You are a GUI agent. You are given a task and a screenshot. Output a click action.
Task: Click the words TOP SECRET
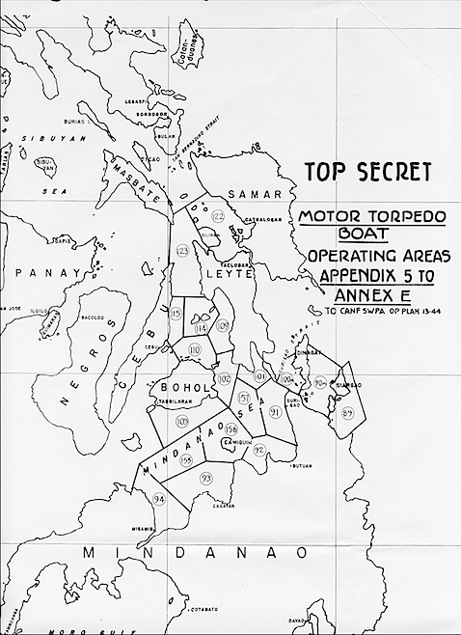coord(367,173)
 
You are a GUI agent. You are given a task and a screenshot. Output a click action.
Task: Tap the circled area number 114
coord(202,329)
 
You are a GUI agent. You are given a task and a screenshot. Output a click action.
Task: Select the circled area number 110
coord(195,348)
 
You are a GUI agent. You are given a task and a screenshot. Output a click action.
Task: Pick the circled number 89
coord(347,413)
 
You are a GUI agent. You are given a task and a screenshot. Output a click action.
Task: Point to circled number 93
coord(205,478)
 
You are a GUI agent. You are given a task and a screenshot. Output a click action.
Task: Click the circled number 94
coord(159,498)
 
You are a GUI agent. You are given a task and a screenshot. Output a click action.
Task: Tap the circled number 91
coord(275,412)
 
